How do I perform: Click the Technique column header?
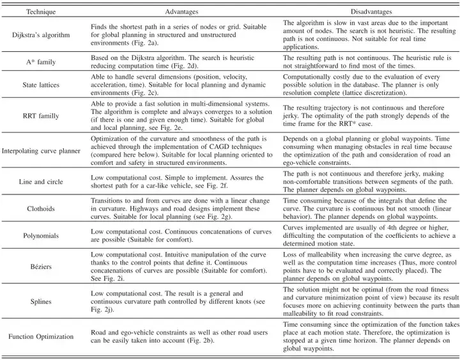click(36, 11)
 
